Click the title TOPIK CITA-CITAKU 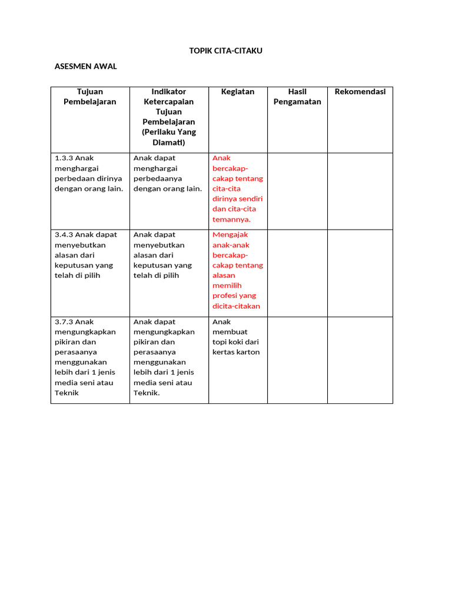coord(225,51)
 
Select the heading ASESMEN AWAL coord(85,66)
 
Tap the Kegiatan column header coord(238,91)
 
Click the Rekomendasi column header coord(360,91)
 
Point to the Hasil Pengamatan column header coord(297,97)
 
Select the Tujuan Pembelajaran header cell coord(89,97)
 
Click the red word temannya coord(231,219)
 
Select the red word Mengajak coord(230,234)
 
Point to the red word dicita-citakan coord(236,306)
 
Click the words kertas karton coord(236,352)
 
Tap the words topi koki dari coord(235,342)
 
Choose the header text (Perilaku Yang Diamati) coord(169,137)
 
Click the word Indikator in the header coord(169,91)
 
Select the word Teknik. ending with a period coord(147,393)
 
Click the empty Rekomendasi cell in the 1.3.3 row coord(360,191)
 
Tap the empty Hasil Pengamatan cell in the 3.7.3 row coord(297,360)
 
